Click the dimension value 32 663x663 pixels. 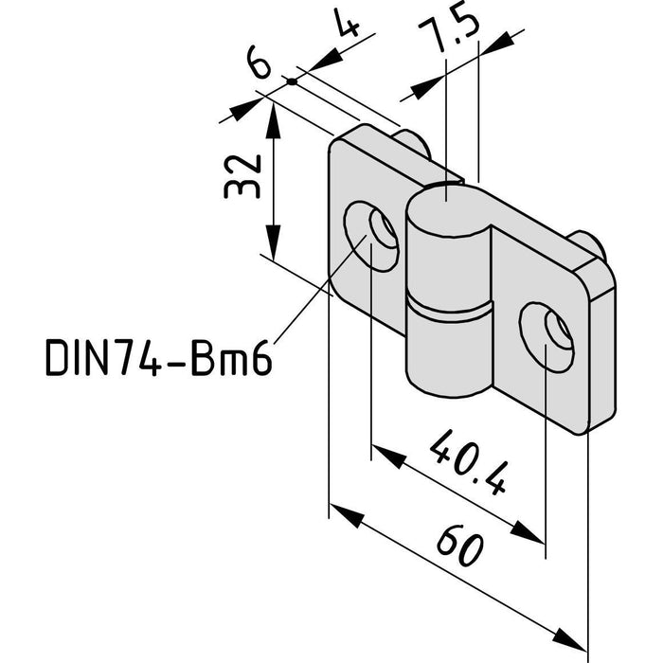tap(242, 176)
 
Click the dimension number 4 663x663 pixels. tap(347, 23)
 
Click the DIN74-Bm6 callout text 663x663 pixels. tap(158, 357)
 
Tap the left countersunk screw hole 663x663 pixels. tap(371, 236)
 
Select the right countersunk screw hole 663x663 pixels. tap(547, 337)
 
